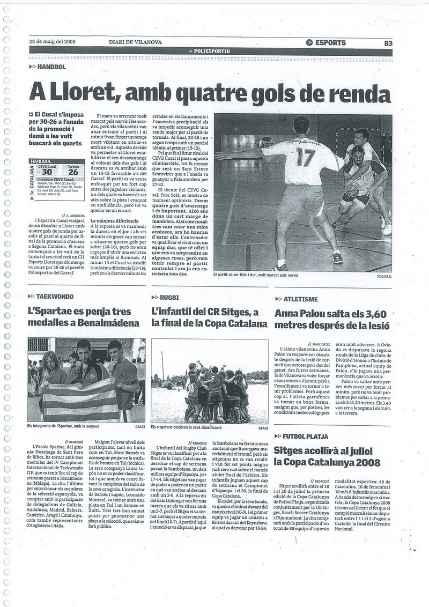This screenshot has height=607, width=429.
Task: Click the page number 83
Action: pos(388,43)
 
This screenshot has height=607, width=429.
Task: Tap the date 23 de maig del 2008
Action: pos(52,42)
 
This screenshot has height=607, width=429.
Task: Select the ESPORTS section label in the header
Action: pos(330,43)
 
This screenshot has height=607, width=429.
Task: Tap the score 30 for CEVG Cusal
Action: pos(47,172)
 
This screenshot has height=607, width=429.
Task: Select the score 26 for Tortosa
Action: pos(73,172)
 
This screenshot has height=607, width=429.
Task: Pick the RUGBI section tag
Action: pos(168,297)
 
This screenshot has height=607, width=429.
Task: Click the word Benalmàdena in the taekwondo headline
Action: pos(112,323)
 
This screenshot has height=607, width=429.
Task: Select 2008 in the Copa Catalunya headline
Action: pos(366,462)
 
